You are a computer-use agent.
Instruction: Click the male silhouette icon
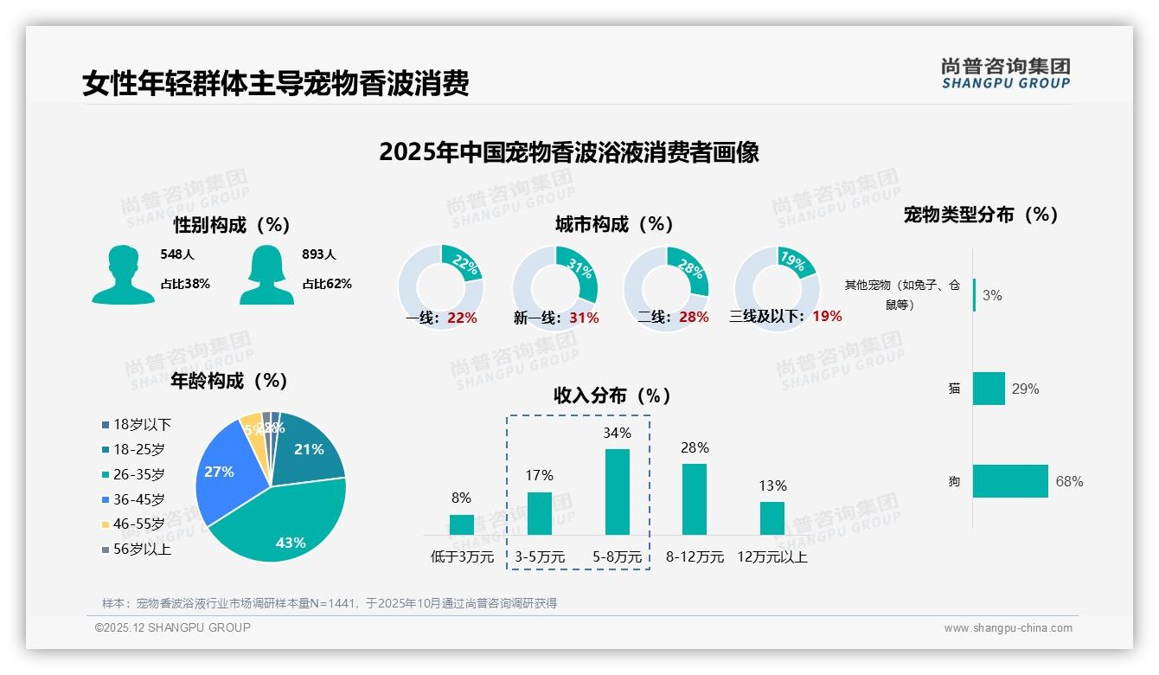124,274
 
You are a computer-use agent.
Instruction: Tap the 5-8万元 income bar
618,492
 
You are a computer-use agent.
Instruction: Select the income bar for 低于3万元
462,524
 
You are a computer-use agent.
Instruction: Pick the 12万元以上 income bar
772,518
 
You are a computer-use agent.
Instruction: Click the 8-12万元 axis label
695,557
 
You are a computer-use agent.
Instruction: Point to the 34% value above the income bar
618,433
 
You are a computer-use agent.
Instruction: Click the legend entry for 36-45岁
138,499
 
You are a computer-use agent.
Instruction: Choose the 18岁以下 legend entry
142,425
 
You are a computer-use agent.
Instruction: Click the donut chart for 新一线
555,288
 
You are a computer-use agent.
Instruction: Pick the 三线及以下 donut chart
777,288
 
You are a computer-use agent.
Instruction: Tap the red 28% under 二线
694,318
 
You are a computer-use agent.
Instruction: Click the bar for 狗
1010,481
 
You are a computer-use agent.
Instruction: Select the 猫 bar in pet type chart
989,389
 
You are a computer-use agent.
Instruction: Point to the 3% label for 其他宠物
992,296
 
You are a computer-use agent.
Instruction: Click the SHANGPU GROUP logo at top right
1006,74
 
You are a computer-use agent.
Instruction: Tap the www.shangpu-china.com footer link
1008,627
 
